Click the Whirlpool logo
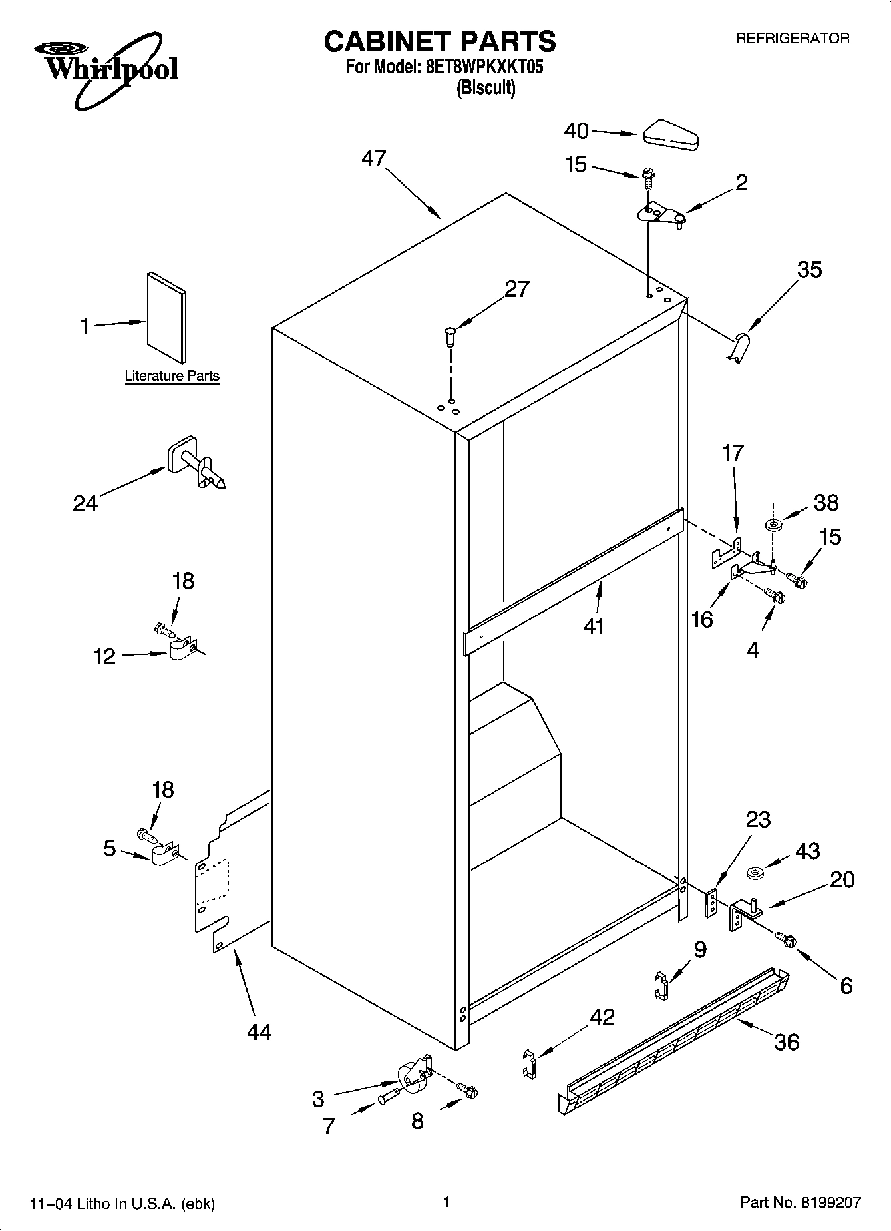(106, 70)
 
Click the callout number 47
(374, 159)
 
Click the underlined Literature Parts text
(172, 376)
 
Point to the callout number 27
(517, 289)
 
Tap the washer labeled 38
(774, 526)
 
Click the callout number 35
(810, 270)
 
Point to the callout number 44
(259, 1032)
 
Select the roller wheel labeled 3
(411, 1077)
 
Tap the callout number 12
(105, 657)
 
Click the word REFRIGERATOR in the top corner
(792, 39)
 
